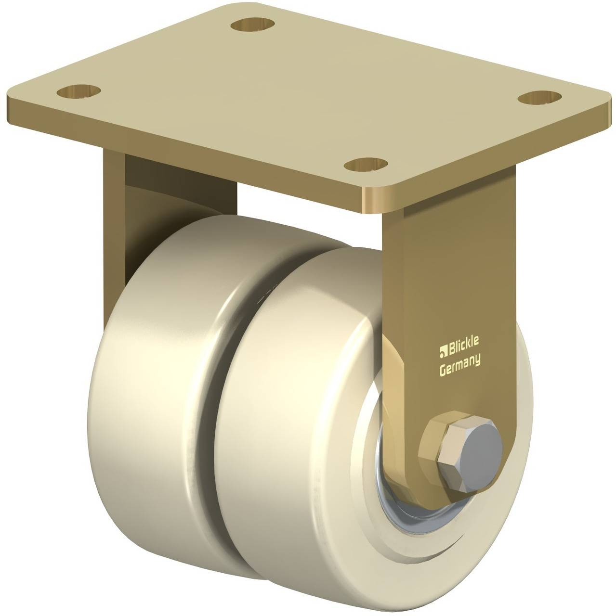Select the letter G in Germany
443,370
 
